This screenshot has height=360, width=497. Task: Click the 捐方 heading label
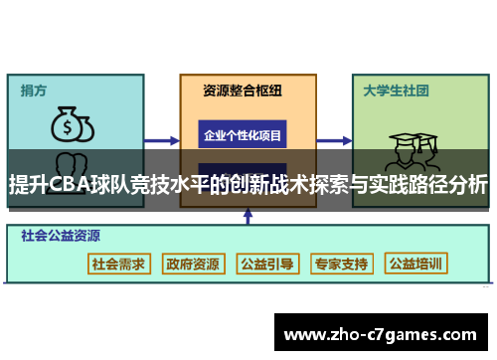point(34,90)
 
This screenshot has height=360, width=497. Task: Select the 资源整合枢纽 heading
point(242,90)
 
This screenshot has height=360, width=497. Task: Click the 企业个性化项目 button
point(243,134)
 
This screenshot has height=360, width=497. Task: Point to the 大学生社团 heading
point(396,90)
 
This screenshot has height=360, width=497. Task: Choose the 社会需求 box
point(118,264)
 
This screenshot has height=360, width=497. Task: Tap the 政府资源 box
point(193,264)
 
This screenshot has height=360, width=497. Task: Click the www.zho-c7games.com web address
point(382,333)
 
